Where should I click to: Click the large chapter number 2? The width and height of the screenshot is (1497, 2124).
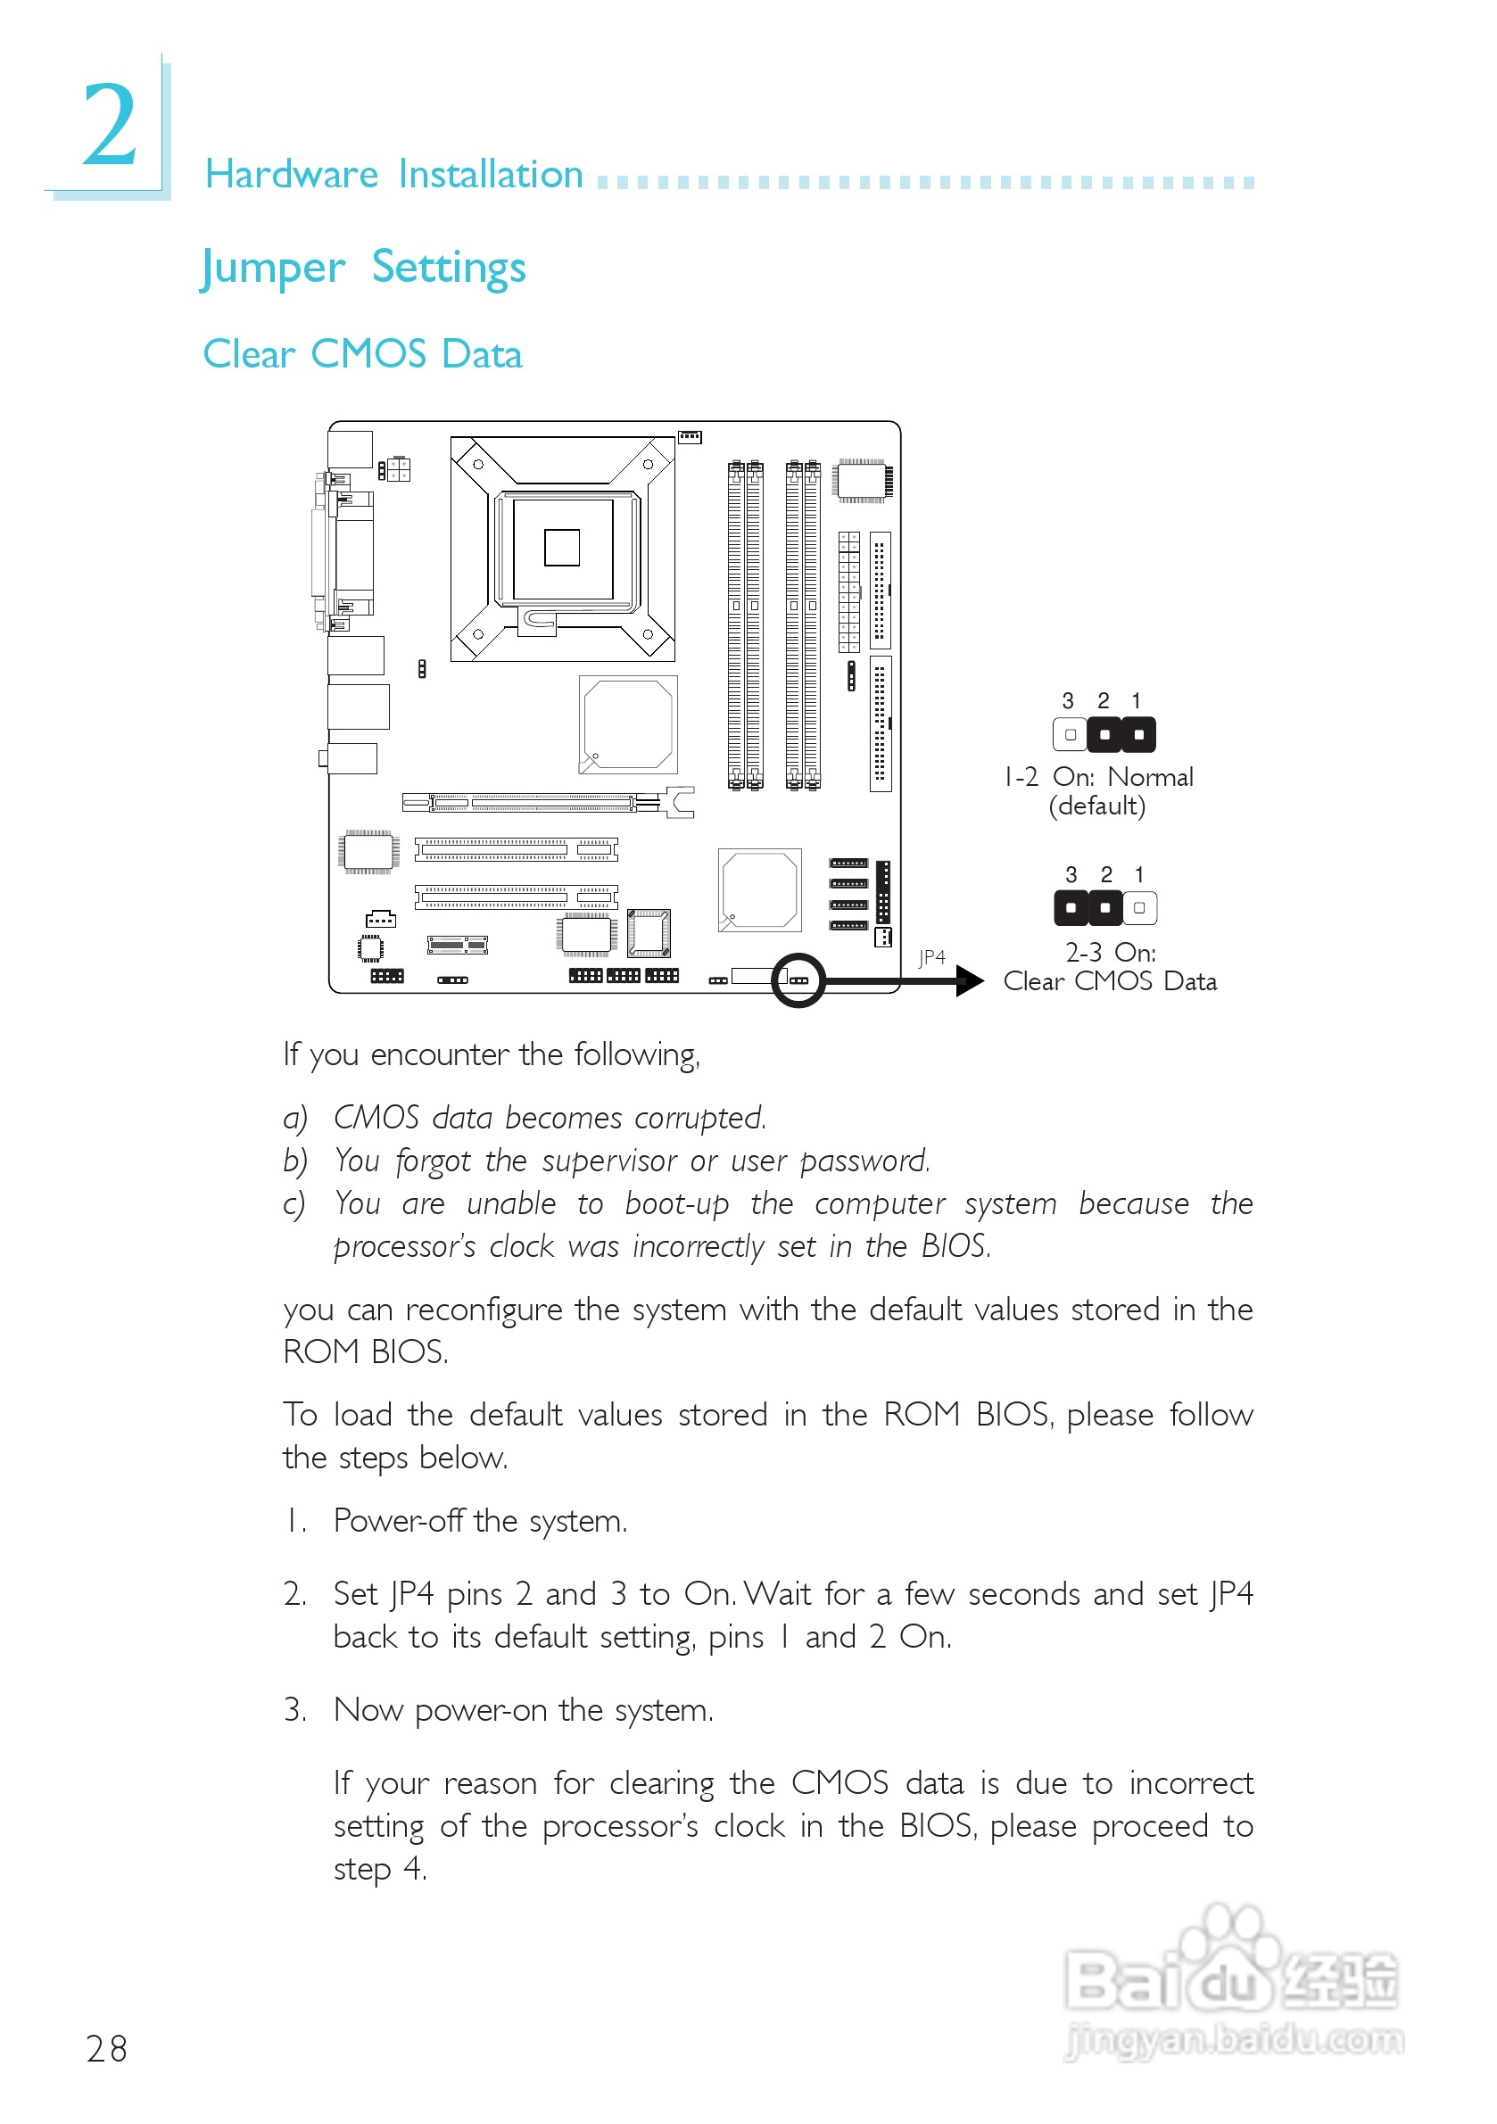(109, 125)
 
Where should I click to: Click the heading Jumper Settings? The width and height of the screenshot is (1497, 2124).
(363, 269)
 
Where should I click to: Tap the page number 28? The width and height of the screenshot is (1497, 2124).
(106, 2049)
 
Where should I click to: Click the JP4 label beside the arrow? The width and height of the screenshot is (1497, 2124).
(931, 957)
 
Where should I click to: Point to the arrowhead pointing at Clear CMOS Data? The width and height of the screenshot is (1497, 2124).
(970, 980)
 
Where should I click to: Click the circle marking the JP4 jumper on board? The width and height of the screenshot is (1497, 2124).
(798, 979)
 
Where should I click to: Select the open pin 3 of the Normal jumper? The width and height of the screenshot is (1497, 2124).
(1070, 734)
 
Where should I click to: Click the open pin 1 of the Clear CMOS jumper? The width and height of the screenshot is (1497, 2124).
(1139, 908)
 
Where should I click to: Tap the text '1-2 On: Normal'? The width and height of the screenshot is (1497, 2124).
(1098, 777)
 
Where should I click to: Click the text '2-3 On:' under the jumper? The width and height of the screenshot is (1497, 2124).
(1110, 952)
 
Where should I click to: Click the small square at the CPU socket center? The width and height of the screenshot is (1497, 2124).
(562, 548)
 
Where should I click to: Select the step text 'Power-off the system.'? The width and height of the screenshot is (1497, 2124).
(480, 1521)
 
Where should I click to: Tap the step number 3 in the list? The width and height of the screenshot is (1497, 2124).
(294, 1709)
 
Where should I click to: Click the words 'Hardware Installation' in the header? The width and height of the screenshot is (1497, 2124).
(394, 175)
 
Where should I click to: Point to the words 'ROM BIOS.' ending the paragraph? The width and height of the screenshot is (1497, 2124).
(366, 1352)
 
